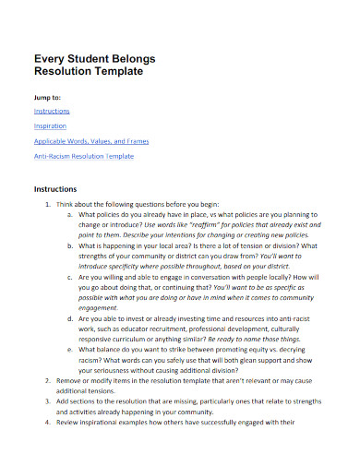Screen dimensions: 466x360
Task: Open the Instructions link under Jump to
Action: point(51,111)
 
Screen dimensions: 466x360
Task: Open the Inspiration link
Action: point(50,126)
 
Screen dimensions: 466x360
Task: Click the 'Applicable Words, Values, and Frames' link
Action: point(90,142)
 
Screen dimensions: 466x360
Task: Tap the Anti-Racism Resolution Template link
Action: point(84,157)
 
